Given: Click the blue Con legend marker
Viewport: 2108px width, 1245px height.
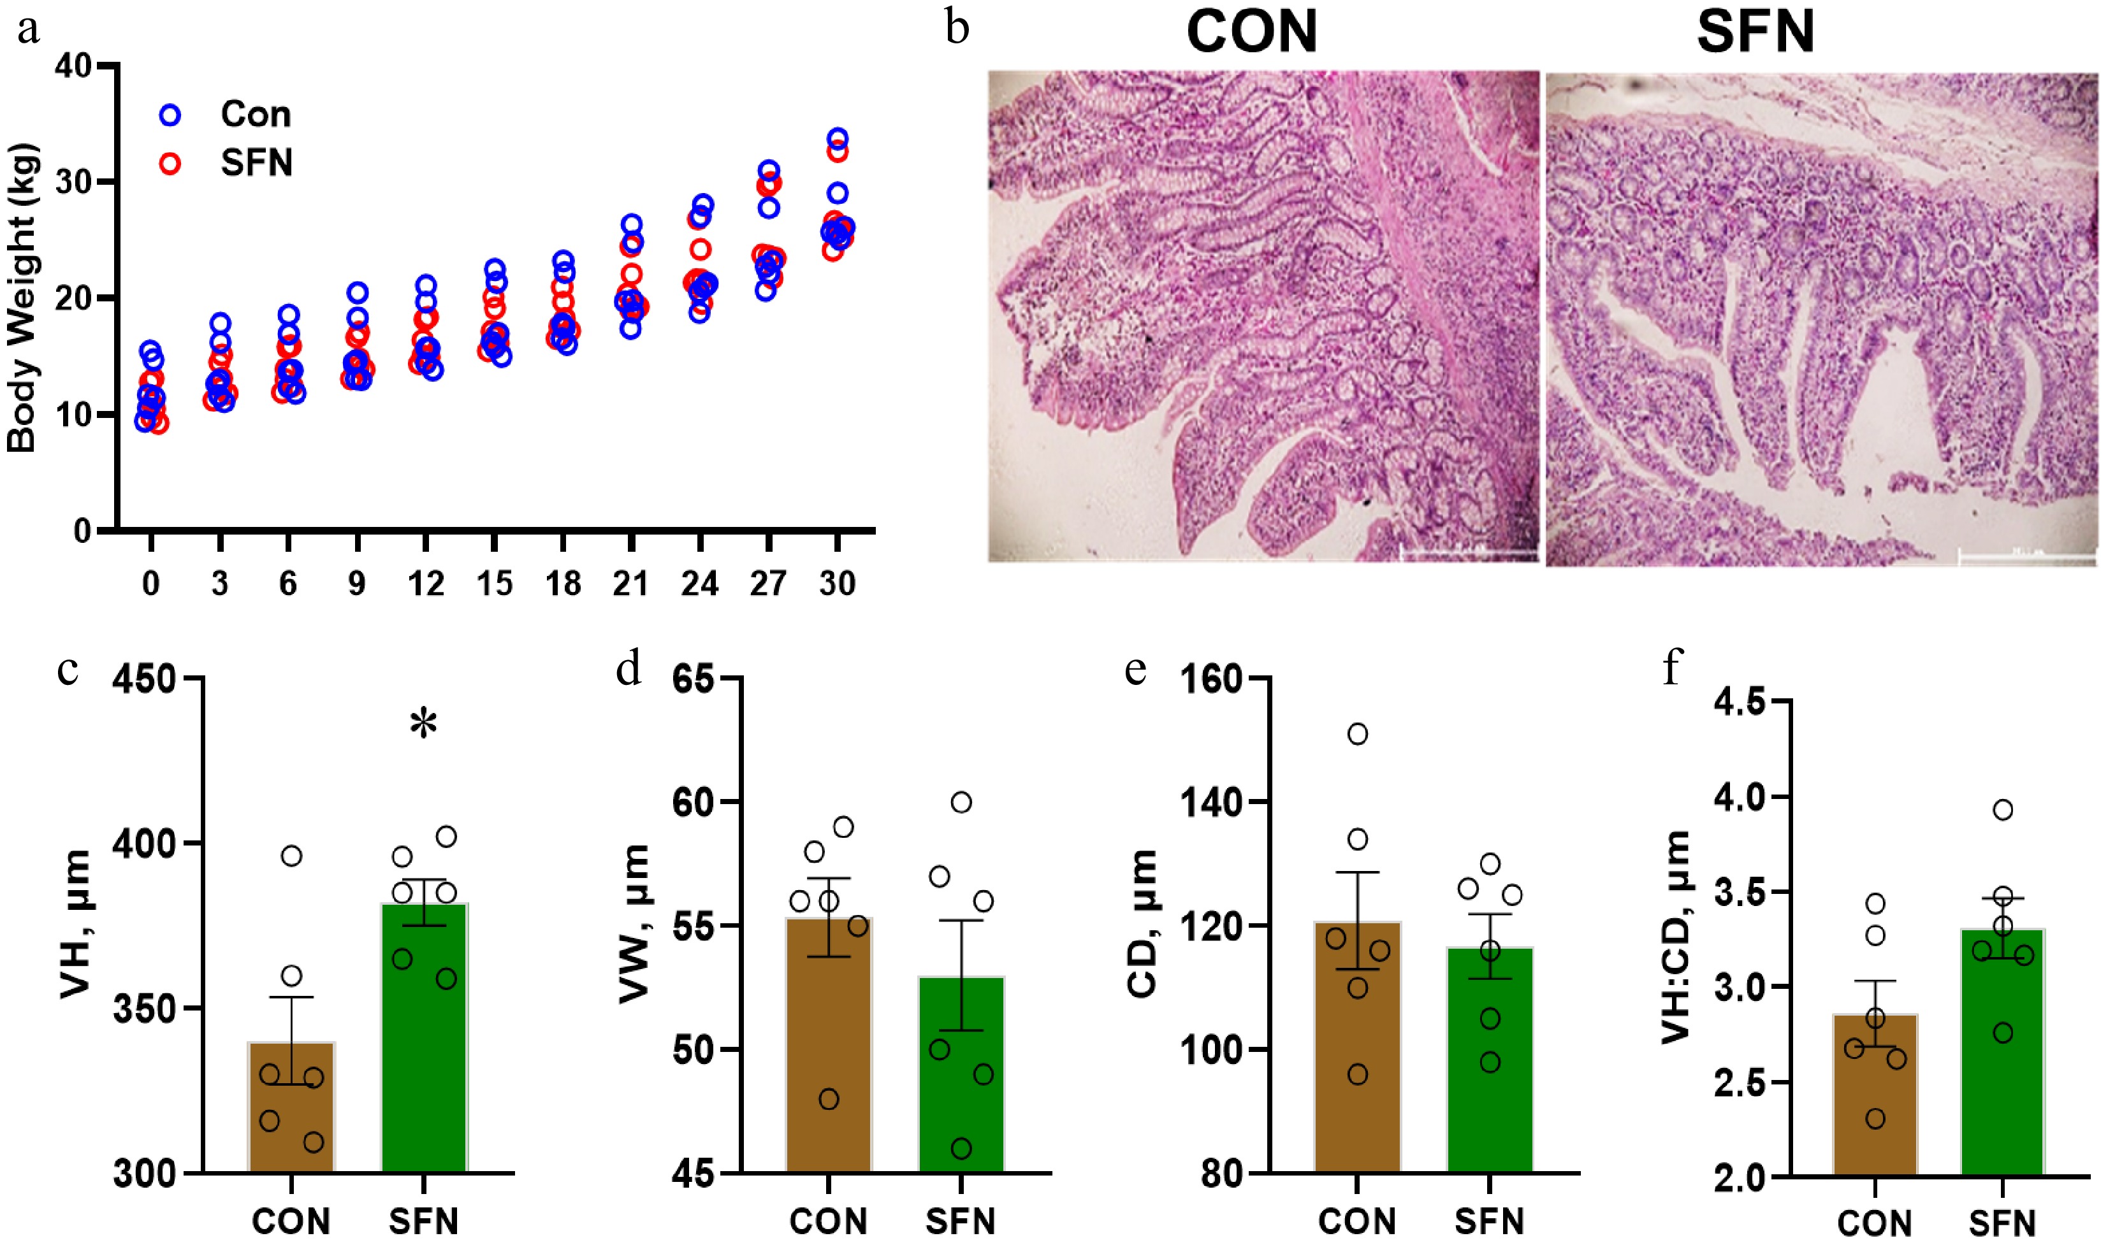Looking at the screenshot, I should click(x=170, y=115).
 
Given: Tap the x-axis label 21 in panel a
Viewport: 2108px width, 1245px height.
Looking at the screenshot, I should click(x=631, y=583).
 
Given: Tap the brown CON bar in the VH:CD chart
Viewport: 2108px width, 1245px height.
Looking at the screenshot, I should click(x=1875, y=1094).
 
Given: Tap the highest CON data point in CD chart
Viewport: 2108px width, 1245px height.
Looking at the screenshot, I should click(x=1357, y=734).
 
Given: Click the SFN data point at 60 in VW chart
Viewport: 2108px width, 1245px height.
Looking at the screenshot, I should click(x=962, y=803).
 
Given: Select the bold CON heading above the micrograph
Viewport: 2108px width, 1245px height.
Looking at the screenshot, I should click(x=1252, y=34).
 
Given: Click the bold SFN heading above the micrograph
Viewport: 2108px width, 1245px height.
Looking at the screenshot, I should click(x=1755, y=34).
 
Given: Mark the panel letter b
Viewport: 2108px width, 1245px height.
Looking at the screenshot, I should click(x=957, y=29).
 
